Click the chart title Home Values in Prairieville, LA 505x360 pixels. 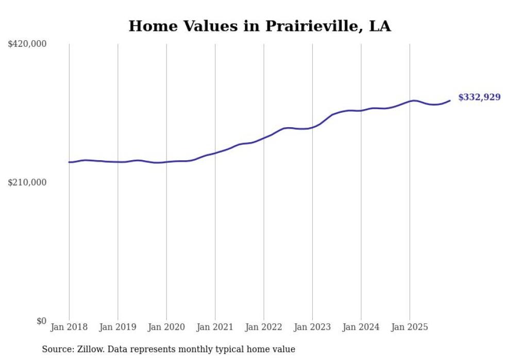pyautogui.click(x=260, y=26)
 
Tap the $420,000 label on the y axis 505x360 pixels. pyautogui.click(x=27, y=44)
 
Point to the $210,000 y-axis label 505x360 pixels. pyautogui.click(x=27, y=182)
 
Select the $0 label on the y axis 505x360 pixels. pyautogui.click(x=41, y=321)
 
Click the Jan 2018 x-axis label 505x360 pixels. pyautogui.click(x=69, y=327)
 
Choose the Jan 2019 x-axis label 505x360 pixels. pyautogui.click(x=117, y=327)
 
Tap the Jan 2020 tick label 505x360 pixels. pyautogui.click(x=166, y=327)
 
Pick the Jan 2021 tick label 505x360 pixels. pyautogui.click(x=215, y=327)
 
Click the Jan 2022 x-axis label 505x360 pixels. pyautogui.click(x=264, y=327)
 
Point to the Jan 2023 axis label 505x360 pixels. pyautogui.click(x=312, y=327)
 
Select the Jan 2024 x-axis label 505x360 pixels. pyautogui.click(x=361, y=327)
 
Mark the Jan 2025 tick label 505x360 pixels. pyautogui.click(x=410, y=327)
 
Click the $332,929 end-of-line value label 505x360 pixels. pyautogui.click(x=479, y=97)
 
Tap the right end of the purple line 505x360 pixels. pyautogui.click(x=450, y=100)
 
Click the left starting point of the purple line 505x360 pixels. pyautogui.click(x=69, y=162)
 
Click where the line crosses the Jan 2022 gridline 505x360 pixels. pyautogui.click(x=264, y=138)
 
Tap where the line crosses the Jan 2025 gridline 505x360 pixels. pyautogui.click(x=410, y=101)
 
